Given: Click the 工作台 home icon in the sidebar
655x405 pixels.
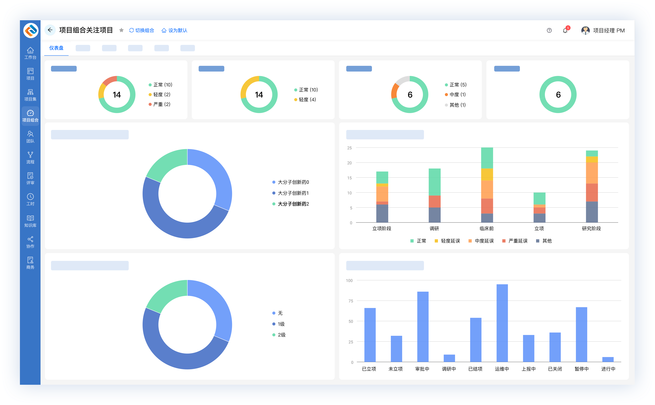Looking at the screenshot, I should pos(30,50).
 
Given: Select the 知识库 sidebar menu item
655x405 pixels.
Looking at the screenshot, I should pos(30,221).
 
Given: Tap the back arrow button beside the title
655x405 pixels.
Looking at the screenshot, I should pos(50,30).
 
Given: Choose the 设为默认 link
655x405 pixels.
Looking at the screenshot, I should pos(174,30).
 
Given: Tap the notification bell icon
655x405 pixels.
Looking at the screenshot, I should pos(565,31).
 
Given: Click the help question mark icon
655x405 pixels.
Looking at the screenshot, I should pos(549,31).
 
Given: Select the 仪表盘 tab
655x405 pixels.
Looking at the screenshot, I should pos(56,48).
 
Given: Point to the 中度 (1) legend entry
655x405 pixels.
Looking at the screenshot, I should pos(456,94).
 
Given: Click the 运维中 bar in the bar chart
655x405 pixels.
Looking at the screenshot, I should pos(502,323).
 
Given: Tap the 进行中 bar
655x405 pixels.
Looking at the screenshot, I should pos(608,359).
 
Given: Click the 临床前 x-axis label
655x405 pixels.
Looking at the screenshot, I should pos(487,228).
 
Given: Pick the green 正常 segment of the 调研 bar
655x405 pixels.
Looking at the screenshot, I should pos(434,182).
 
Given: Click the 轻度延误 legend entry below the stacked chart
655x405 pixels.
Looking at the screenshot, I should pos(447,241).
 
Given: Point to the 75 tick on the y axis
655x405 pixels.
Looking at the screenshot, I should pos(351,301).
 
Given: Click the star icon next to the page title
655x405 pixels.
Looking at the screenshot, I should pos(121,30).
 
